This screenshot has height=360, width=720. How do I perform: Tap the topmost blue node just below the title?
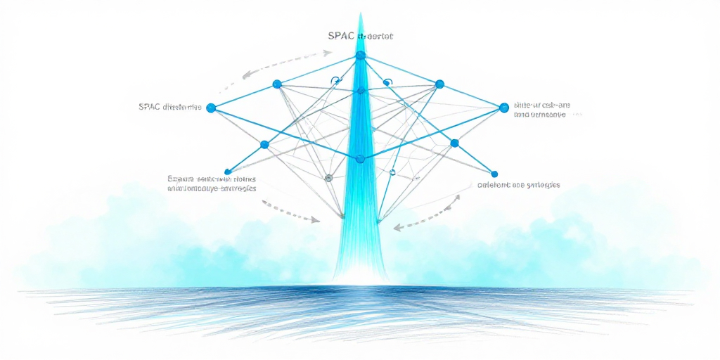(x=361, y=55)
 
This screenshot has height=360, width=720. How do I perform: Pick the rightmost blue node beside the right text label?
(x=503, y=108)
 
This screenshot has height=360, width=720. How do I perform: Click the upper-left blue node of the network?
(x=276, y=84)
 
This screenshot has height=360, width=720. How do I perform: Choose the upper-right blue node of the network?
(x=439, y=84)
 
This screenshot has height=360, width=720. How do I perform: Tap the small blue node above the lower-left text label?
(x=227, y=171)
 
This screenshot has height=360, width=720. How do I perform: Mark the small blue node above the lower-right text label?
(x=494, y=174)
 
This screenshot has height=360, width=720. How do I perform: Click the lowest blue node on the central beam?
(x=360, y=159)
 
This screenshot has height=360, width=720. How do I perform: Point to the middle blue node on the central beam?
(x=361, y=91)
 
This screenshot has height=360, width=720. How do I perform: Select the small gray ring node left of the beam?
(x=328, y=178)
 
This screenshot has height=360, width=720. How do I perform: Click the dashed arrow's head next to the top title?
(x=328, y=52)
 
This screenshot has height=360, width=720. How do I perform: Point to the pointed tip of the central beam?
(x=361, y=14)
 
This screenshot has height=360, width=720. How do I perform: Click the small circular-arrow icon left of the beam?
(x=335, y=81)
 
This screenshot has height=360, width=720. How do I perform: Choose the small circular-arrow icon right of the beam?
(x=386, y=82)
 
